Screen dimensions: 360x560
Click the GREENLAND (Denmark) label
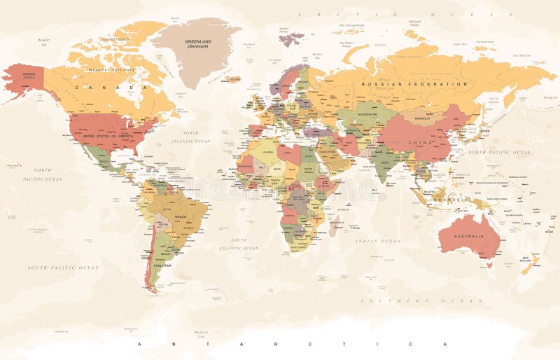tap(198, 43)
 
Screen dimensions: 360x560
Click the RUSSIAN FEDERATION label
tap(414, 83)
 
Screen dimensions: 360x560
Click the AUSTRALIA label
tap(468, 237)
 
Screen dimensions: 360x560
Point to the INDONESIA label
tap(447, 199)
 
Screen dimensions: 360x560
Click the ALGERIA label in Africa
tap(269, 151)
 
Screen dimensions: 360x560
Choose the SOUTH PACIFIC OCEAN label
tap(63, 268)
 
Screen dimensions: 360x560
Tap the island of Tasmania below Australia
tap(489, 264)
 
